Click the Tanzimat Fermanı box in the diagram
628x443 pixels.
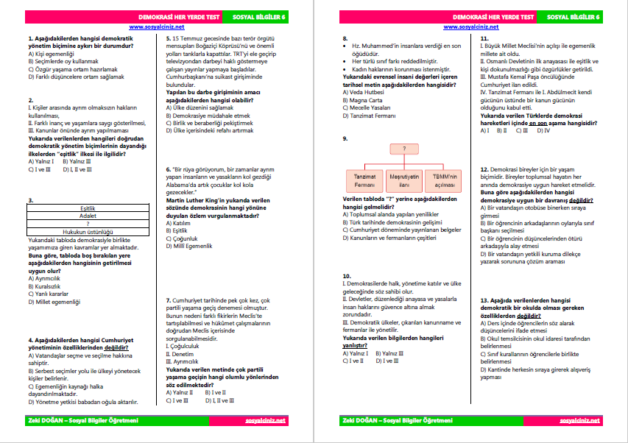coord(363,181)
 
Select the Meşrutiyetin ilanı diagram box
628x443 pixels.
coord(404,181)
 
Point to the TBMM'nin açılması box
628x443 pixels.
coord(443,181)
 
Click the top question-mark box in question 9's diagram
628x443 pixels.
coord(404,149)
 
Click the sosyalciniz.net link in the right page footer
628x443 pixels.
coord(580,421)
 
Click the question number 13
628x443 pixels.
coord(484,300)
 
